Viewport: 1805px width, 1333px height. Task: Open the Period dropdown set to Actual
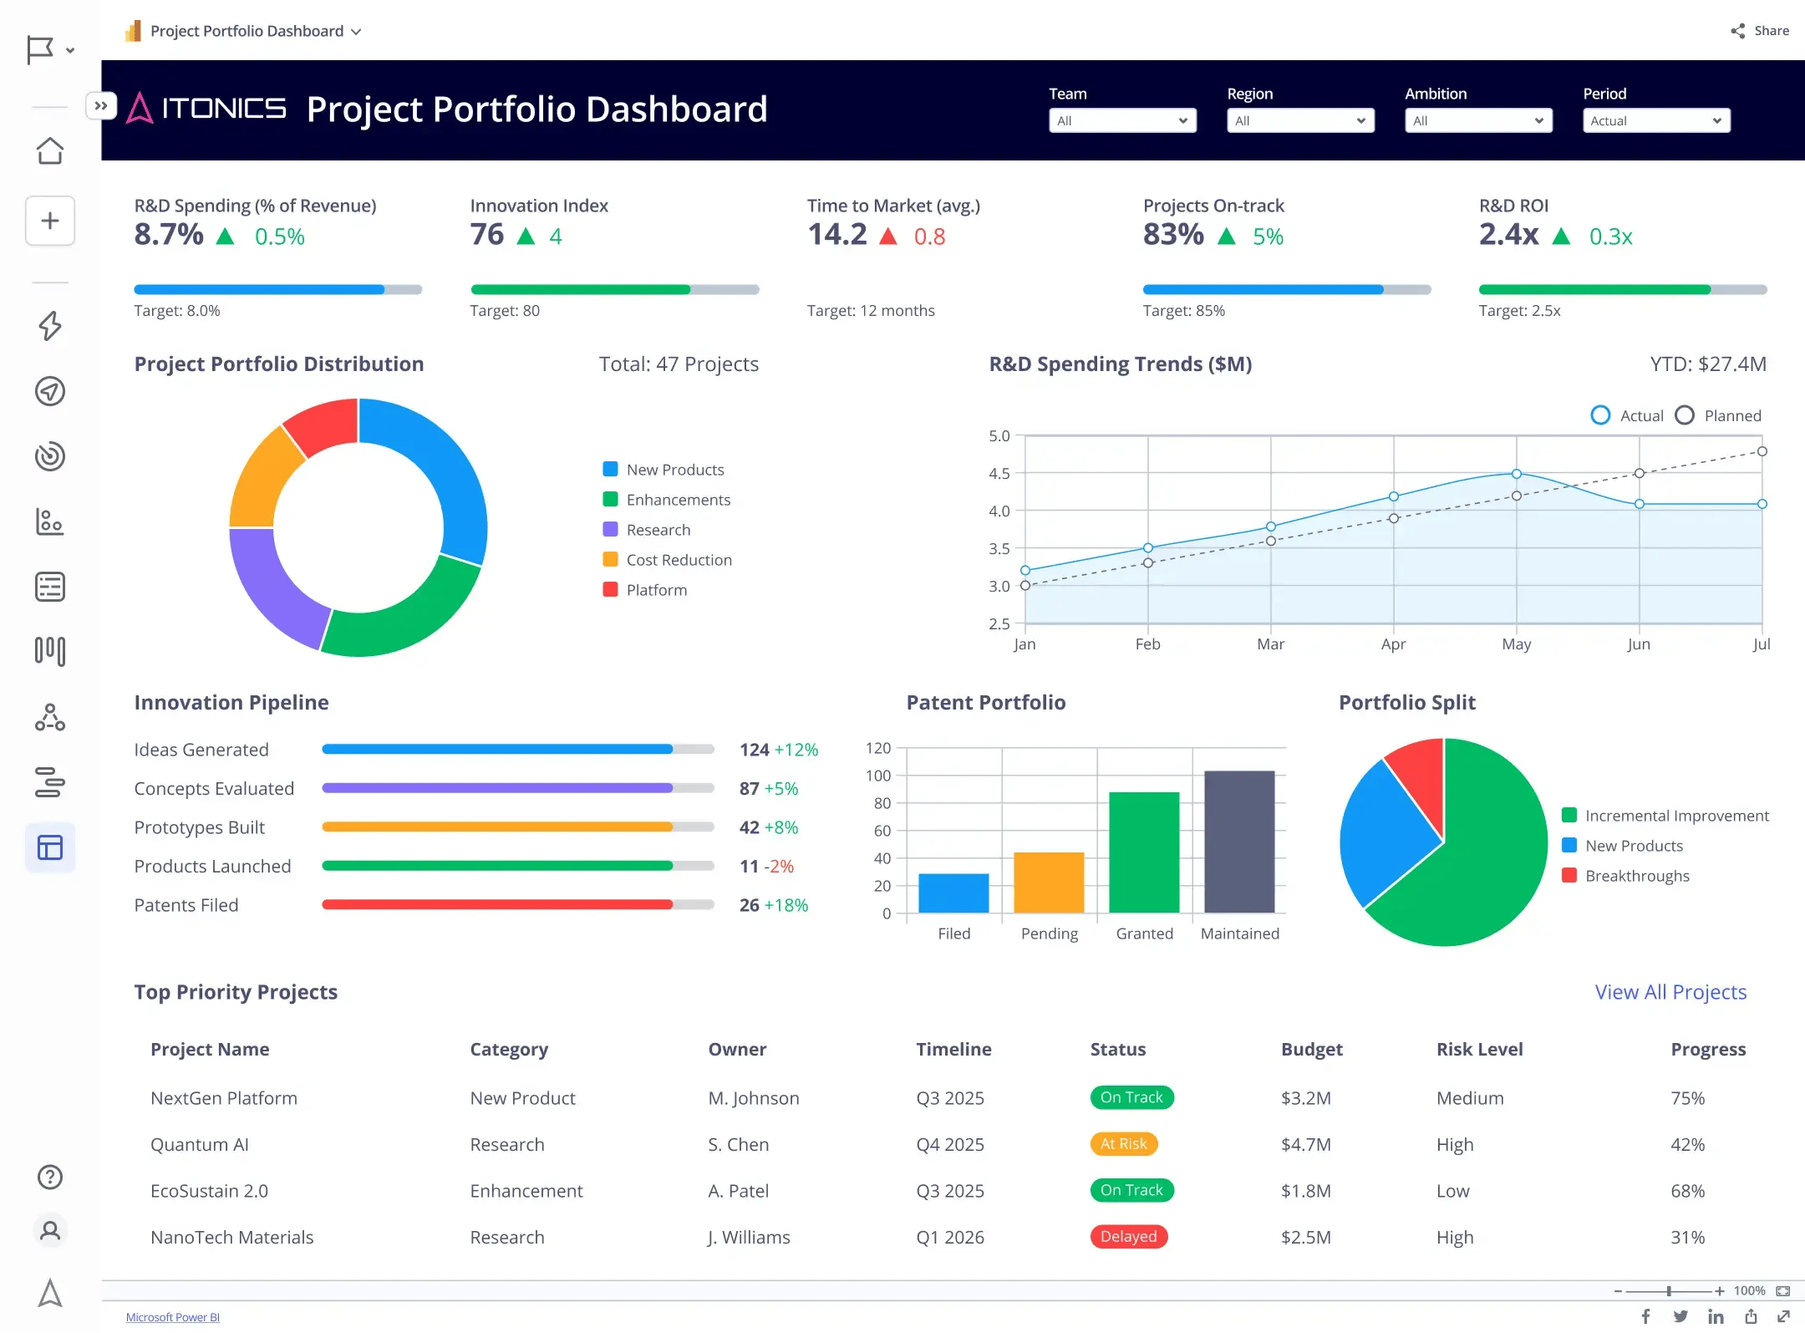[x=1655, y=121]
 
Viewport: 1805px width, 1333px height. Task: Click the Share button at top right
[x=1760, y=31]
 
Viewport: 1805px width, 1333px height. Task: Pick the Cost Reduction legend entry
[x=678, y=560]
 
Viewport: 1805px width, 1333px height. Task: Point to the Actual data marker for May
[x=1516, y=474]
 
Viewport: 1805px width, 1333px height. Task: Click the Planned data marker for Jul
[x=1762, y=451]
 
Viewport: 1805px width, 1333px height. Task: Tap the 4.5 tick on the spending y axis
[x=999, y=473]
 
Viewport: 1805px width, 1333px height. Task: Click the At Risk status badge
[x=1123, y=1143]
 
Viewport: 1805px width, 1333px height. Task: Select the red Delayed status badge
[x=1128, y=1236]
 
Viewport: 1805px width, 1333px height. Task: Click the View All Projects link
[x=1670, y=992]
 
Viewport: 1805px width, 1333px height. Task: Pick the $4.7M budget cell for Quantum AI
[x=1305, y=1144]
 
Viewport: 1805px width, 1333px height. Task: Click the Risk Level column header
[x=1479, y=1049]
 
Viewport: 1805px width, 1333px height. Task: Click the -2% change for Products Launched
[x=779, y=867]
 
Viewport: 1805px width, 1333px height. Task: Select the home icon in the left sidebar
[x=50, y=151]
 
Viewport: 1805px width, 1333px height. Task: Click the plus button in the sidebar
[x=50, y=221]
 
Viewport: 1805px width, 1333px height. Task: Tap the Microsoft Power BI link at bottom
[x=172, y=1317]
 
